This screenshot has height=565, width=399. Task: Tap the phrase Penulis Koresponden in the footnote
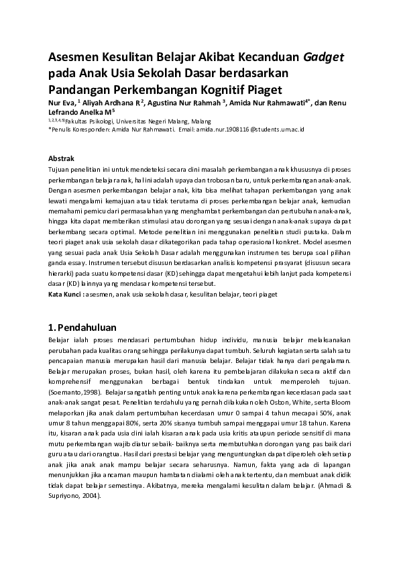(x=80, y=128)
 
